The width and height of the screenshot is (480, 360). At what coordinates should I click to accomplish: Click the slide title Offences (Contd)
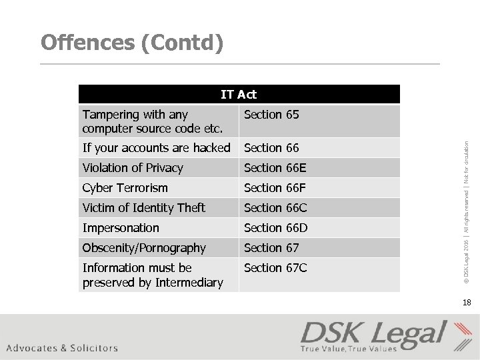click(x=132, y=43)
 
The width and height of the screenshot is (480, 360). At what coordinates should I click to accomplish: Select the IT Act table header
click(x=239, y=95)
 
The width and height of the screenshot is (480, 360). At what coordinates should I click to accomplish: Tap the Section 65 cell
click(x=272, y=115)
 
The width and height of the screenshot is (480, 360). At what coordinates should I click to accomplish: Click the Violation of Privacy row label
click(x=133, y=168)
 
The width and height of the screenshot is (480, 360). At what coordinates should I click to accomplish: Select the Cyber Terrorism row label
click(x=125, y=188)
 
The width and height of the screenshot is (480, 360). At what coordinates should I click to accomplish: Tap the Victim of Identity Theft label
click(x=144, y=208)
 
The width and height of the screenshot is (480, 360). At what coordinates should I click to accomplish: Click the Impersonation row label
click(x=121, y=228)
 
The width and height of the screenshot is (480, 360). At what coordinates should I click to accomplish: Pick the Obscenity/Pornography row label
click(x=145, y=248)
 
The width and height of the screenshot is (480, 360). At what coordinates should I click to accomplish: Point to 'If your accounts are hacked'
click(x=157, y=148)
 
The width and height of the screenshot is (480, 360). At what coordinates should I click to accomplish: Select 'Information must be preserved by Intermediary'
click(x=153, y=275)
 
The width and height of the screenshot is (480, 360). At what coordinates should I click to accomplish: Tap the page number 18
click(x=466, y=303)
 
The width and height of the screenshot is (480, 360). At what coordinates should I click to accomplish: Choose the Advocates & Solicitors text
click(x=63, y=347)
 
